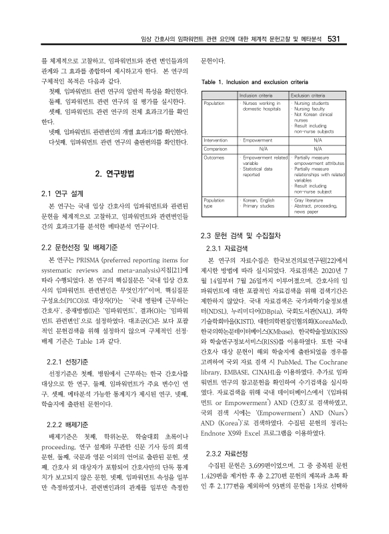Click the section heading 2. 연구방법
click(115, 175)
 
